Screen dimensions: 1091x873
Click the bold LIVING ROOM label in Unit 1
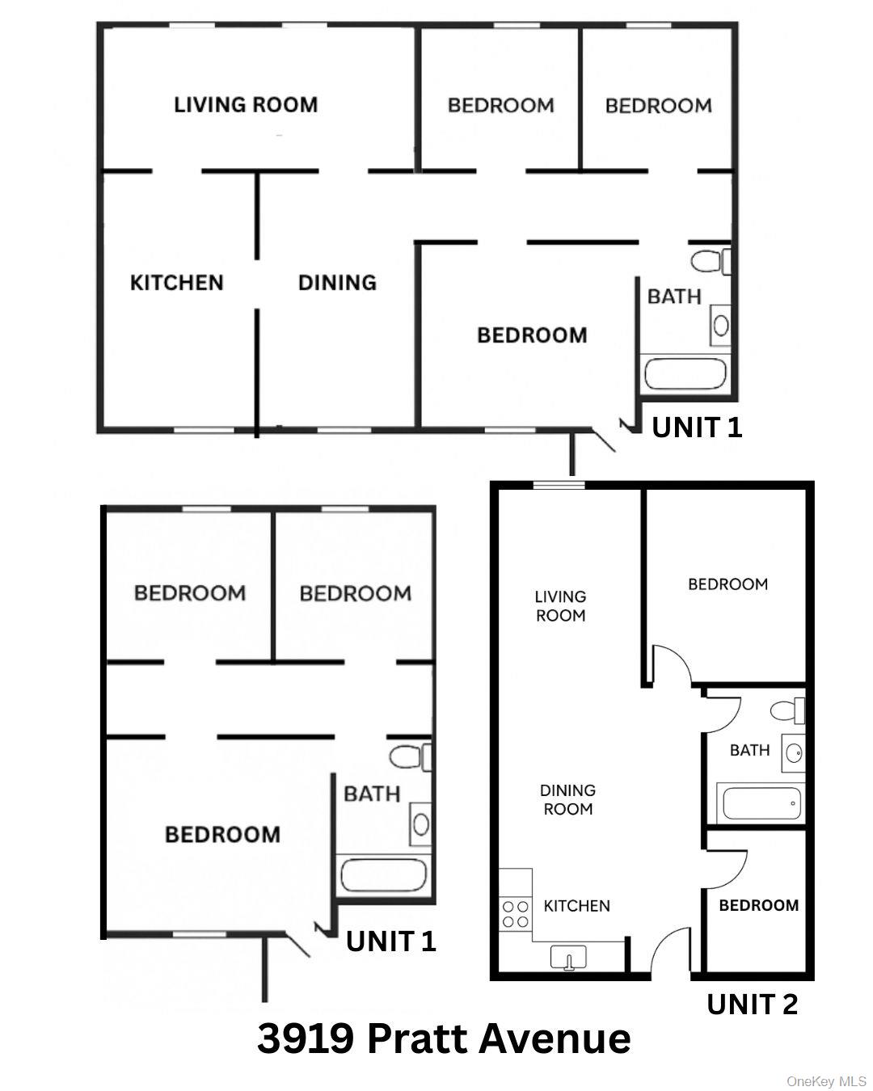coord(246,104)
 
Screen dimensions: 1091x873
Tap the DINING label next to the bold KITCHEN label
coord(337,283)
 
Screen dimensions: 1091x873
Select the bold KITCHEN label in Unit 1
coord(176,283)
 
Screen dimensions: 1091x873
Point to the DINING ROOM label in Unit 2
coord(567,799)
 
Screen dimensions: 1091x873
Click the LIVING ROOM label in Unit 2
coord(560,605)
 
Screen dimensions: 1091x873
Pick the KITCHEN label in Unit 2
coord(576,906)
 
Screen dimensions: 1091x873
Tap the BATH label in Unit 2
coord(749,750)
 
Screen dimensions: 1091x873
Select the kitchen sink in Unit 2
coord(568,958)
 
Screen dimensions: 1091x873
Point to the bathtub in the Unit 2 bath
coord(761,803)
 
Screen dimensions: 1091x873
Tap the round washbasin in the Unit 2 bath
coord(794,753)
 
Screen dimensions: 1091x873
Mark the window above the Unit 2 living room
coord(559,485)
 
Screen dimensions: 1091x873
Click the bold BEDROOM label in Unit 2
coord(758,906)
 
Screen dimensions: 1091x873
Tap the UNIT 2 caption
coord(752,1005)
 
